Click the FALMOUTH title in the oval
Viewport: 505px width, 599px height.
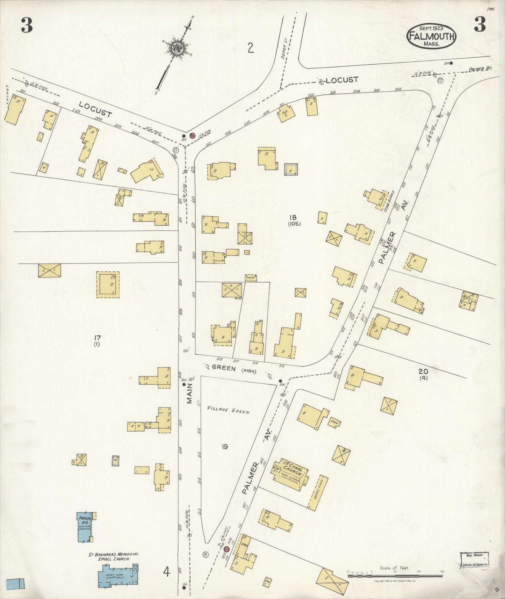click(431, 36)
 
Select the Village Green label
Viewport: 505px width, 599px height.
click(228, 410)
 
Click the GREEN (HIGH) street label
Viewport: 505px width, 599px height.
click(234, 370)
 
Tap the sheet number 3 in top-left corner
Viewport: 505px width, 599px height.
click(27, 25)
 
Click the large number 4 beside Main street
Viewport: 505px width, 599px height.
click(166, 572)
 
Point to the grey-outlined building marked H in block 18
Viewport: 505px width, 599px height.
click(291, 169)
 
